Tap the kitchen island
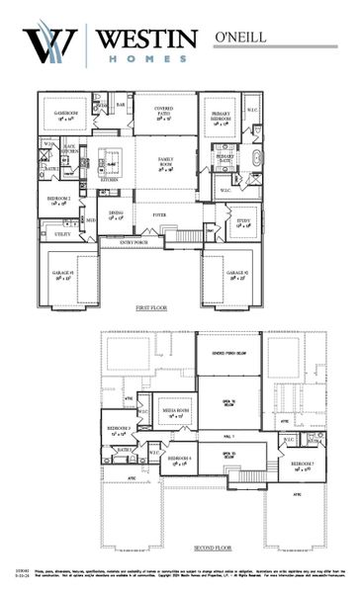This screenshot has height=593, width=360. [x=111, y=162]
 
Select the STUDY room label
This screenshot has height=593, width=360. [x=244, y=223]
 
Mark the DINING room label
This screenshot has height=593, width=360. [x=117, y=214]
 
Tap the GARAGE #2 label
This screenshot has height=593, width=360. [x=235, y=274]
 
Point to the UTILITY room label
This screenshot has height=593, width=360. [x=62, y=234]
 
